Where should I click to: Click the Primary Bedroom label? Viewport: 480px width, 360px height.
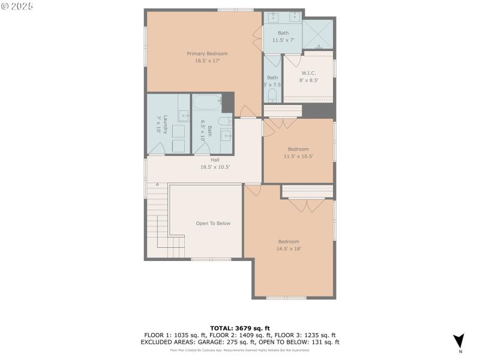[x=207, y=53]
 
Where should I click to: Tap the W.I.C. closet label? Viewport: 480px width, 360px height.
[x=309, y=73]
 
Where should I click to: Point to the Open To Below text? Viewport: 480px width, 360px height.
[x=213, y=223]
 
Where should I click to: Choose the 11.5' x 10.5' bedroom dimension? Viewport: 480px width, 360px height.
[x=298, y=156]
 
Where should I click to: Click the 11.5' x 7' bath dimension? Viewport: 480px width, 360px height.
[x=283, y=40]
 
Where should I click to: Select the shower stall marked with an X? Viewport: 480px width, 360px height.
[x=317, y=34]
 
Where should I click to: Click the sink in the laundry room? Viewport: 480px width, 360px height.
[x=184, y=116]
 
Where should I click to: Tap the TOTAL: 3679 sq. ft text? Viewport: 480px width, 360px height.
[x=239, y=328]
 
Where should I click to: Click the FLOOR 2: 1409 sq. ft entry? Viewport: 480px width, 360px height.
[x=237, y=335]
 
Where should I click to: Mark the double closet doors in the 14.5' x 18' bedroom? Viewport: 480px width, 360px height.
[x=307, y=205]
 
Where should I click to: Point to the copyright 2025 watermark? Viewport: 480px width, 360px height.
[x=17, y=6]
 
